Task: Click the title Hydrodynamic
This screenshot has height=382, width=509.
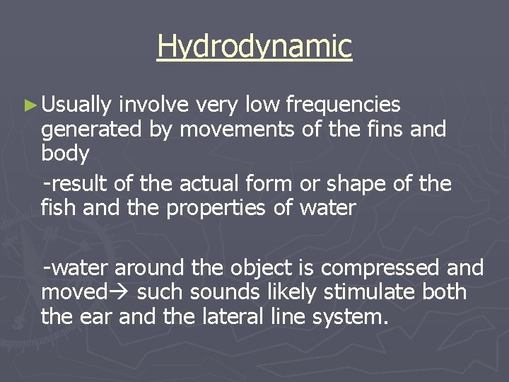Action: [x=255, y=46]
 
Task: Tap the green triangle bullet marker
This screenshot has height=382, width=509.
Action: [x=29, y=105]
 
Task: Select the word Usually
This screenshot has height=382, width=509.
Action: [x=76, y=106]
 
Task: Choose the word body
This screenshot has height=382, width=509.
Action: [x=65, y=154]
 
